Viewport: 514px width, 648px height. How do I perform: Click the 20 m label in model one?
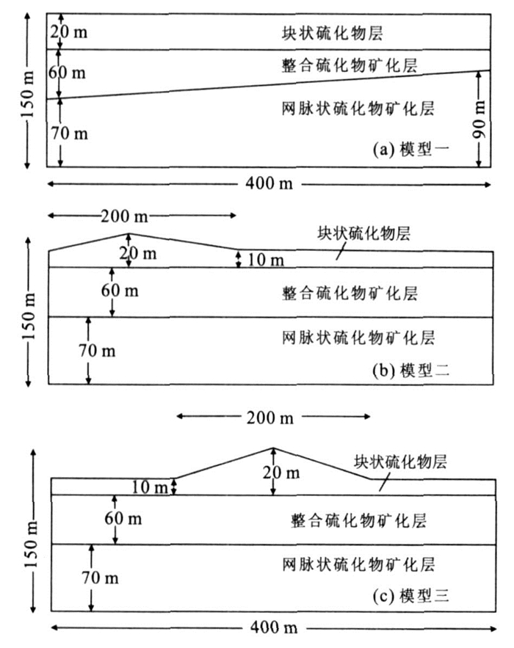tap(68, 32)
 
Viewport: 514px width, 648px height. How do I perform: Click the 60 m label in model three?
tap(123, 519)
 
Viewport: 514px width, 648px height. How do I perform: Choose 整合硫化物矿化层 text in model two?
tap(350, 294)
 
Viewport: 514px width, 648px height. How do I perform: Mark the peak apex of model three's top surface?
tap(273, 448)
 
